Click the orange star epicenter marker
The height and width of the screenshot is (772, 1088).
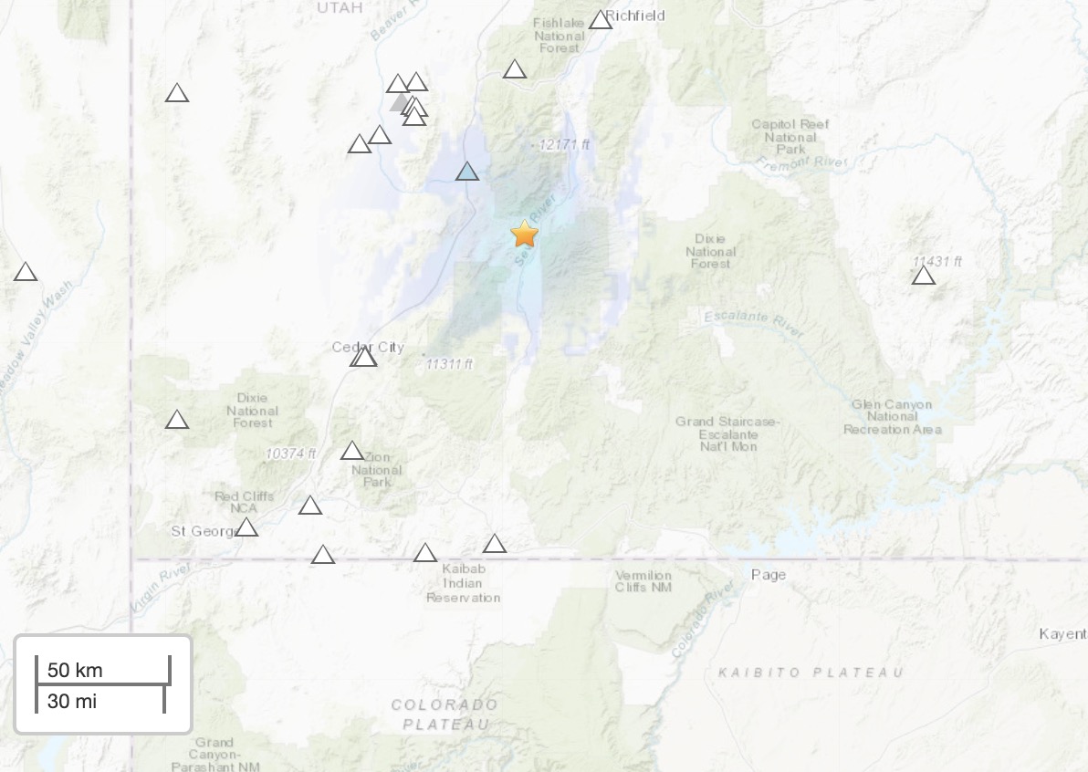point(525,234)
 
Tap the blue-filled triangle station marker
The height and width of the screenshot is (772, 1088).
point(467,171)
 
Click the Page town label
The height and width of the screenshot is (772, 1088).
point(768,574)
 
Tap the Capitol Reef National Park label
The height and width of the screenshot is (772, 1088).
point(790,136)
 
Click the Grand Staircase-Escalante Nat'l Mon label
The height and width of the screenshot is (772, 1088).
point(728,433)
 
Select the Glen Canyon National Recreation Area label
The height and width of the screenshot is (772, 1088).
point(892,416)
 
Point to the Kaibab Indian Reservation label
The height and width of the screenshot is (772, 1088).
point(463,583)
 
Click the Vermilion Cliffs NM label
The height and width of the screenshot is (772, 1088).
point(643,581)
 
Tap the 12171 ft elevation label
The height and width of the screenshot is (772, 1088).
point(565,144)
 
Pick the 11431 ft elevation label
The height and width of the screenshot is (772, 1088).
point(937,261)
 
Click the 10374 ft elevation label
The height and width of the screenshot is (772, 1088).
point(291,453)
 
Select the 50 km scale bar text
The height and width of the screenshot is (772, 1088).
point(75,670)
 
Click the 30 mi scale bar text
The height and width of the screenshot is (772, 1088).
point(72,701)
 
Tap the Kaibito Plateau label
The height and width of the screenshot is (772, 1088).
point(811,673)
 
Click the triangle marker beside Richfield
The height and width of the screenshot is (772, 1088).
point(600,20)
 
